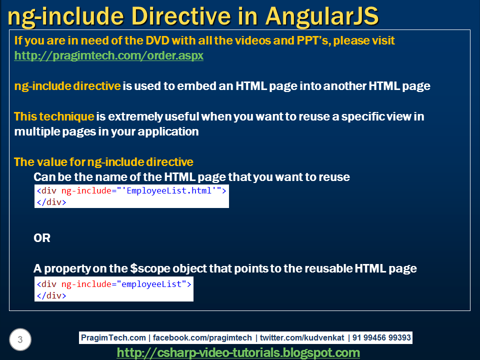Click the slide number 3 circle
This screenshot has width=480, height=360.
coord(20,339)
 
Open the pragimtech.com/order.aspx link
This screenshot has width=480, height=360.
coord(108,55)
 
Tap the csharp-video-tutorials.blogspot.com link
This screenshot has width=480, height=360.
coord(238,352)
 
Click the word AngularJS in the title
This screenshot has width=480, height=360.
coord(322,16)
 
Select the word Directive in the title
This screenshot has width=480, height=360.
coord(181,16)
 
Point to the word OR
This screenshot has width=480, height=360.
coord(42,238)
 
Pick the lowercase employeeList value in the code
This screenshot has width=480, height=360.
coord(151,284)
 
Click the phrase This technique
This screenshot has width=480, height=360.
coord(54,116)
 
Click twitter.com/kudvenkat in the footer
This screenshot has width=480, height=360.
coord(302,337)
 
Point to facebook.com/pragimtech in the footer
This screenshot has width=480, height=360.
coord(202,337)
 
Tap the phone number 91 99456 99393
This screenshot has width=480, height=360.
coord(381,337)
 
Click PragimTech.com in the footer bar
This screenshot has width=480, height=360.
coord(113,337)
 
